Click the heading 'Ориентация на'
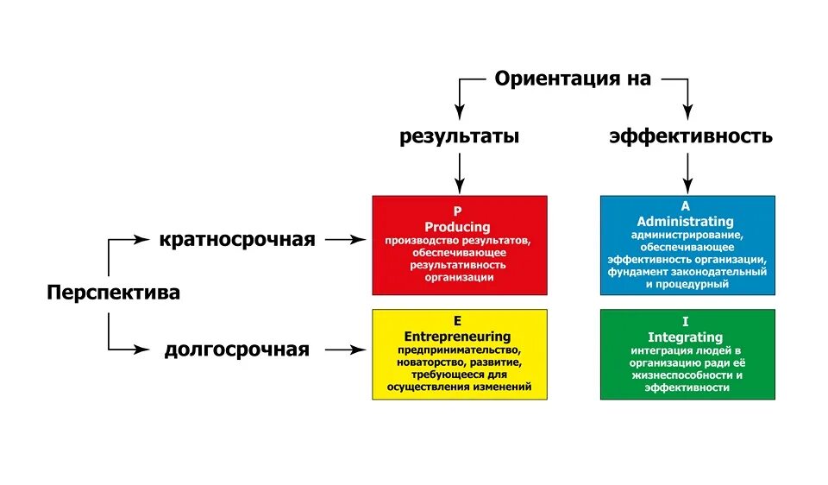(x=573, y=79)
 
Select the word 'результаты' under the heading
(x=460, y=136)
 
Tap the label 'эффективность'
(x=690, y=136)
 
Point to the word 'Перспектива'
(x=113, y=293)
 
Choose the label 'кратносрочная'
(x=236, y=239)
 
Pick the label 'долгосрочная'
(x=236, y=350)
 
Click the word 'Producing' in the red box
(x=459, y=225)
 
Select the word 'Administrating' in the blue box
(x=687, y=221)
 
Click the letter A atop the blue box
(x=687, y=207)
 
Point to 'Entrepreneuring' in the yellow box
(x=458, y=336)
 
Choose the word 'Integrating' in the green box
(x=687, y=337)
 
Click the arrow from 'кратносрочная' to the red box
(x=345, y=240)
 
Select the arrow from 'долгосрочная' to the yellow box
(x=345, y=350)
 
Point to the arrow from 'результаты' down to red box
(x=460, y=173)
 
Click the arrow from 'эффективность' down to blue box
(x=687, y=173)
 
